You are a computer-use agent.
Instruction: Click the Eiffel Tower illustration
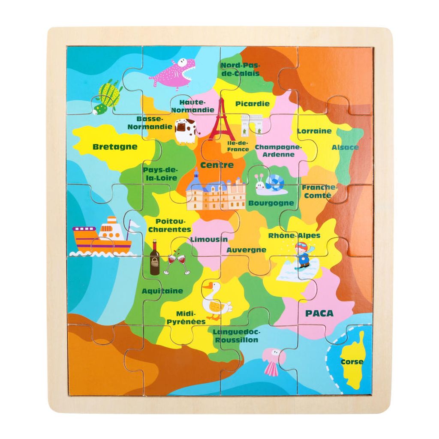(x=220, y=120)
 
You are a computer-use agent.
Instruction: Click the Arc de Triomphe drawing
(x=251, y=125)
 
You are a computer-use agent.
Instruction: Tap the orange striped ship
(x=102, y=238)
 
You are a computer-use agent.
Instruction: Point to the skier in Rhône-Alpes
(x=303, y=256)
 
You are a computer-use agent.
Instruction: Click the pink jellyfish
(x=273, y=361)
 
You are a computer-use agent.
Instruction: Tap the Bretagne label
(x=115, y=147)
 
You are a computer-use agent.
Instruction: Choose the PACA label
(x=319, y=313)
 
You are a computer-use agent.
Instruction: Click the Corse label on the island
(x=352, y=361)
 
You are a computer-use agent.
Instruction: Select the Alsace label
(x=345, y=147)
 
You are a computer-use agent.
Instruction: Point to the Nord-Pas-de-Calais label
(x=240, y=69)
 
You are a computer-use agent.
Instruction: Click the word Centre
(x=217, y=165)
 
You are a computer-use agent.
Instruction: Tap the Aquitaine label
(x=162, y=291)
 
